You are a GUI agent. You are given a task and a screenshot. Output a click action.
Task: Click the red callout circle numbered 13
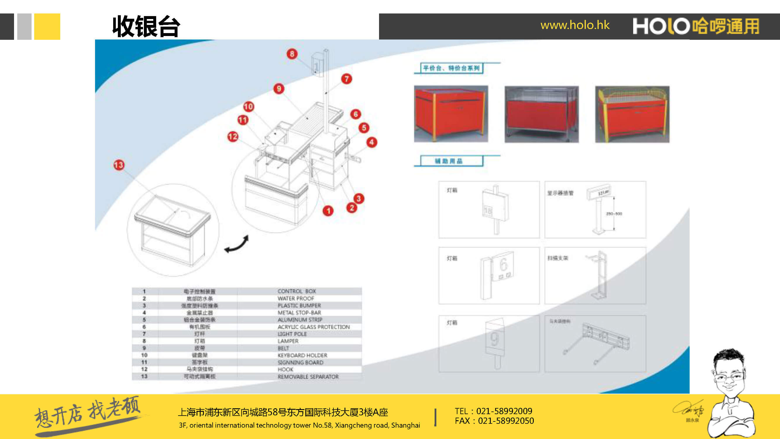click(119, 165)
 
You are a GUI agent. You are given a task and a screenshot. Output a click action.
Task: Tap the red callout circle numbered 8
click(292, 54)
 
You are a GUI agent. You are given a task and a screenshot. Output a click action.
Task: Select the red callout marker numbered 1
click(328, 211)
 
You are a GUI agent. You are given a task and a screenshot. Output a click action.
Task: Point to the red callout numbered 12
click(233, 137)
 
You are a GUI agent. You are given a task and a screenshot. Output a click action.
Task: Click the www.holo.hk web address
click(575, 25)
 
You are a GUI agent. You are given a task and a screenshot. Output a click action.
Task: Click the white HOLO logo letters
click(661, 26)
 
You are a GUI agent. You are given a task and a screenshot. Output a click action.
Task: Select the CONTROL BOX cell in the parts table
click(297, 291)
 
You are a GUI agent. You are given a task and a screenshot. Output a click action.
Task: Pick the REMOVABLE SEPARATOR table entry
click(308, 377)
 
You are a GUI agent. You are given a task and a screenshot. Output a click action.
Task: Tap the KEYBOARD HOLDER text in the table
click(302, 355)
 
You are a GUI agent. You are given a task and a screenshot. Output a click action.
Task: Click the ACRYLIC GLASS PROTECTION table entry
click(314, 327)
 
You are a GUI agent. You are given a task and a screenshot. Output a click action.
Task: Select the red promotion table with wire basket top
click(632, 114)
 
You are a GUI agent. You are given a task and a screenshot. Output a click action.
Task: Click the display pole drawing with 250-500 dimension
click(600, 210)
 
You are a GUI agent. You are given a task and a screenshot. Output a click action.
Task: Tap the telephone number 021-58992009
click(504, 411)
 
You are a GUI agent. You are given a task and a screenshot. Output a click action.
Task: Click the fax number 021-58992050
click(506, 421)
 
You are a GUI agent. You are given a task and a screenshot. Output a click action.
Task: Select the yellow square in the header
click(47, 26)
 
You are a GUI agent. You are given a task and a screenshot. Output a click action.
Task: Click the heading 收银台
click(146, 27)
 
